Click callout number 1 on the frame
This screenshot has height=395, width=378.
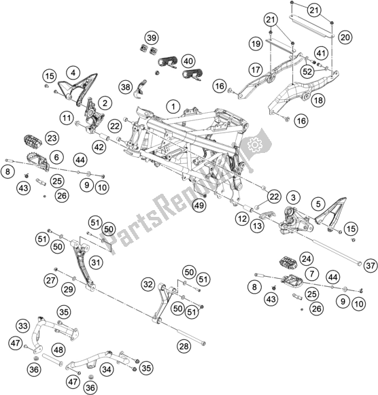point(173,107)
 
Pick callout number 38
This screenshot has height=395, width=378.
point(124,86)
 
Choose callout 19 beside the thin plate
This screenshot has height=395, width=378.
point(255,44)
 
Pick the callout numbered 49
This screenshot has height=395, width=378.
point(199,205)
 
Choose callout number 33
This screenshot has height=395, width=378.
point(23,326)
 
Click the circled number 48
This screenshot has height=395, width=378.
point(58,350)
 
